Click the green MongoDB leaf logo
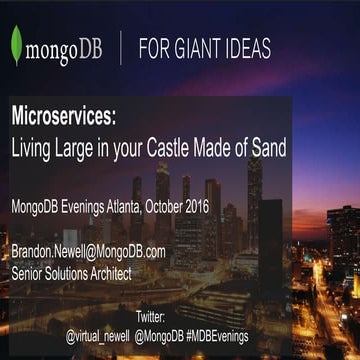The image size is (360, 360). point(17,47)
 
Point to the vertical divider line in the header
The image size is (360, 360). point(120,47)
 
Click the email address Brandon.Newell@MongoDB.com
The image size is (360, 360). point(87,251)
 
